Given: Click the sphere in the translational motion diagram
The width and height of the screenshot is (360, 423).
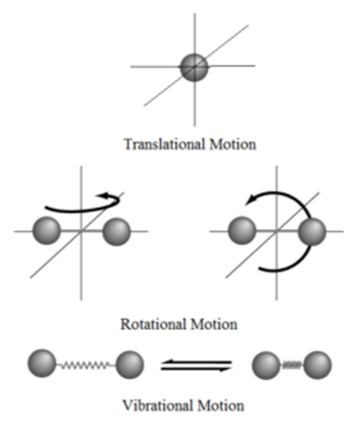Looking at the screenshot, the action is [194, 67].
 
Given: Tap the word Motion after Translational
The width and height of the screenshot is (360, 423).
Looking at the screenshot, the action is [233, 144].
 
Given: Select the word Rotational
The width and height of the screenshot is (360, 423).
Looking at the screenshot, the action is [153, 324].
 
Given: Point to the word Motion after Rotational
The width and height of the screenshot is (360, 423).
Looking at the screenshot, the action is [214, 324].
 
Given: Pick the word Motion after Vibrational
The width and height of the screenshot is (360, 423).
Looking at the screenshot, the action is [221, 406].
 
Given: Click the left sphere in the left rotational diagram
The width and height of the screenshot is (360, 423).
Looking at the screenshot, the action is [46, 231].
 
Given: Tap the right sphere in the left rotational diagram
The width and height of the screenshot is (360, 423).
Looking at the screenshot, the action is [116, 231].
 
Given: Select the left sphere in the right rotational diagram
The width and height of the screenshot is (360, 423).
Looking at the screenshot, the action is [242, 231].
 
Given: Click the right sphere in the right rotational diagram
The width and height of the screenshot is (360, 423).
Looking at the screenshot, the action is [312, 231].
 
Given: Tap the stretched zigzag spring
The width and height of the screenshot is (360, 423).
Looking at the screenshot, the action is [85, 365].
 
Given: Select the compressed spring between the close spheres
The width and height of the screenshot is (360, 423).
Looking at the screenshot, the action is [291, 366].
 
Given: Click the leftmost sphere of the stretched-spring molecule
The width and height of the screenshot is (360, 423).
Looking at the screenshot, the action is [41, 363].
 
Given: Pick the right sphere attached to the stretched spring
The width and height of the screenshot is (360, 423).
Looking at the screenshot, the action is [129, 365].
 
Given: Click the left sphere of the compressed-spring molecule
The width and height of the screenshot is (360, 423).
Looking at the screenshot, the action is [265, 365].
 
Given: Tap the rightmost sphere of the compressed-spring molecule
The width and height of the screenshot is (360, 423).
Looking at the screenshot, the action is [318, 365].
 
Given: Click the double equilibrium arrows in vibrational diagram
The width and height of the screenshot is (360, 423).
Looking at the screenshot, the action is [197, 365].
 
